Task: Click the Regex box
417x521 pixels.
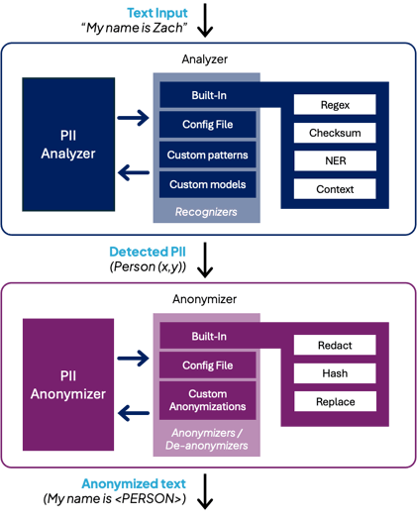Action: [335, 104]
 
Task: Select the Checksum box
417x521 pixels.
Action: [335, 133]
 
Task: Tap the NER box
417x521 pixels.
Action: [335, 160]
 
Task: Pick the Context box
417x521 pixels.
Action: [335, 189]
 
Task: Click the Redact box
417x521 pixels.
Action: [335, 345]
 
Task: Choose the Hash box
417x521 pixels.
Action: [335, 373]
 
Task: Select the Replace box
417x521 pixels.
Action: [335, 401]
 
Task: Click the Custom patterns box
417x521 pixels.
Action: [208, 155]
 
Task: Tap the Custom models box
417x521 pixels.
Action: [208, 184]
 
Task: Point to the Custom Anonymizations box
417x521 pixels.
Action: [208, 400]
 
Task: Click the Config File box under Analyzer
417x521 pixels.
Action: [208, 124]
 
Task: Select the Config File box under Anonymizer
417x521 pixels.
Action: [208, 365]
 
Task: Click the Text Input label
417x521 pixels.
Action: [157, 13]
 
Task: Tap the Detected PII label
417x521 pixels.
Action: [148, 252]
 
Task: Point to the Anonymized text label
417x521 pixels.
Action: [134, 483]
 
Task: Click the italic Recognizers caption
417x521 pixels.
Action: [206, 212]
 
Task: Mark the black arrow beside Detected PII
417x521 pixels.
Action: [205, 260]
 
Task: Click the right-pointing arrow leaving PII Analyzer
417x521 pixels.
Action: [133, 118]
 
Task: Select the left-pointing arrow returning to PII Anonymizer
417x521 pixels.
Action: [134, 413]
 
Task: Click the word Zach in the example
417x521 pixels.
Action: [167, 28]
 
